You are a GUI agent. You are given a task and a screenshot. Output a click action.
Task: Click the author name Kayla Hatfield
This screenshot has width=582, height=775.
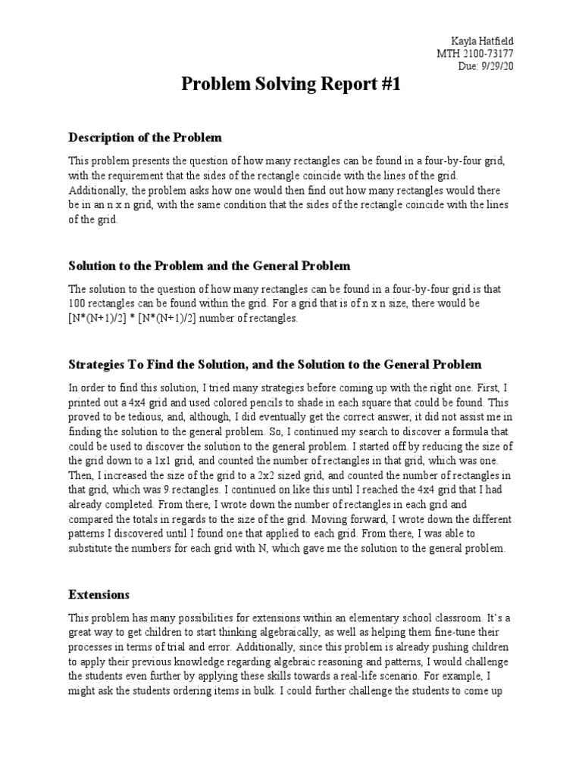(x=483, y=40)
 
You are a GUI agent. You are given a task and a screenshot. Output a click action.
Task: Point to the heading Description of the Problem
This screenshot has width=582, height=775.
(x=145, y=138)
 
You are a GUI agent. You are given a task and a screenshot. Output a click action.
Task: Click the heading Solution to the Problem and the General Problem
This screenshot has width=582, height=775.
(x=210, y=266)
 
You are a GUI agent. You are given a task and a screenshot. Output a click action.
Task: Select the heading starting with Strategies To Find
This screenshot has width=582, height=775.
(x=275, y=365)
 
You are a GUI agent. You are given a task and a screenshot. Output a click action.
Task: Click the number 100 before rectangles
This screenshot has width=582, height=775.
(x=79, y=303)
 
